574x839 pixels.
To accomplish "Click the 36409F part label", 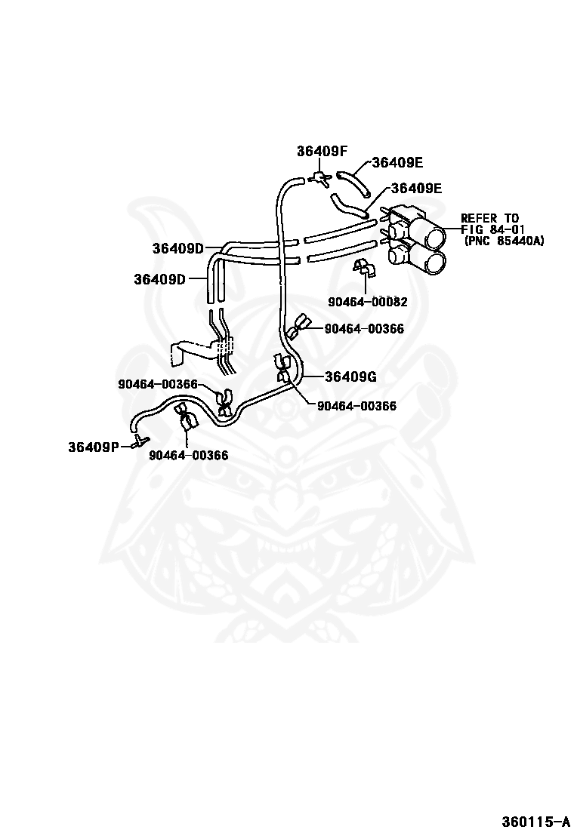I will (x=322, y=150).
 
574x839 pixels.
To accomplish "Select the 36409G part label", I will (x=350, y=376).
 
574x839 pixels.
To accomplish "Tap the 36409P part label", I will (x=94, y=446).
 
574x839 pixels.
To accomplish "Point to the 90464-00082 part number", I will (x=368, y=302).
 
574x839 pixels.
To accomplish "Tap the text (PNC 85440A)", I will (x=504, y=241).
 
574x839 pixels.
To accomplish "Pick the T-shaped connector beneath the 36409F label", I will (x=319, y=178).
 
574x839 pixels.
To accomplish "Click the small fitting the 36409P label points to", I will (x=139, y=441).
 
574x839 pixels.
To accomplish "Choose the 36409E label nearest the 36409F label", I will (x=397, y=162).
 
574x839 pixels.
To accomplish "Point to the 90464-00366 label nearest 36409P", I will (x=188, y=455).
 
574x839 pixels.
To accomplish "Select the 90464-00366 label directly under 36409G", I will (x=356, y=405).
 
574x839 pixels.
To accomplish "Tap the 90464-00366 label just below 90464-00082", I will (x=364, y=328).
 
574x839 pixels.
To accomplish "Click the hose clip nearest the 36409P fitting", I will (x=184, y=415).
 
